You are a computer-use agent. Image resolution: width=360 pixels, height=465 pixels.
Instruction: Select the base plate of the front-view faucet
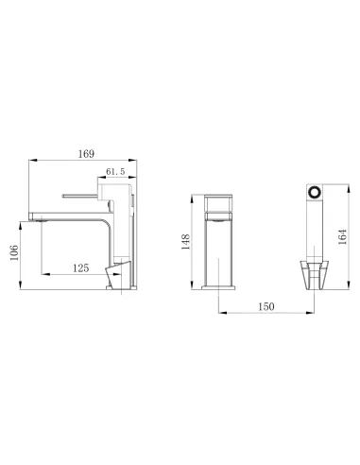tap(220, 286)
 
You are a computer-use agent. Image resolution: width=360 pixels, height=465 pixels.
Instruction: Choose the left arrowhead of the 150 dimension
tap(221, 316)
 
